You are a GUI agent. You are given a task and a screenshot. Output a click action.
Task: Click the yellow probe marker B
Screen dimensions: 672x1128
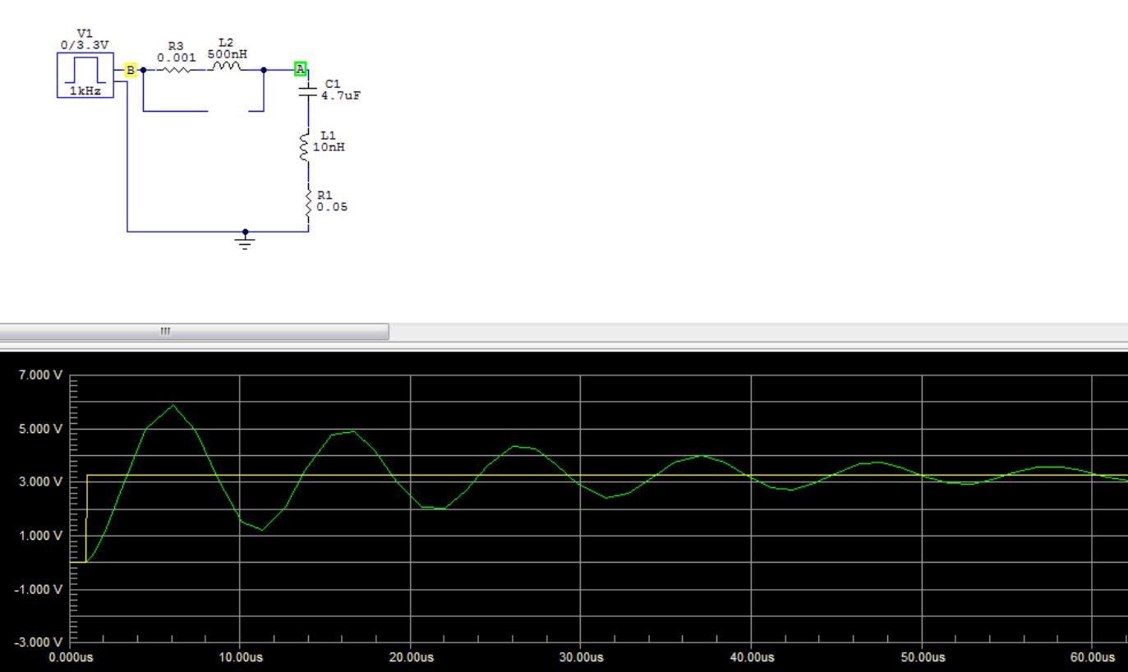[129, 71]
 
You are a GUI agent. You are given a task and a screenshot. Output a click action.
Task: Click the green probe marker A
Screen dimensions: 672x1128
[301, 69]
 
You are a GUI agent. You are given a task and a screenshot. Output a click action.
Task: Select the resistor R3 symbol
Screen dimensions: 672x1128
[177, 70]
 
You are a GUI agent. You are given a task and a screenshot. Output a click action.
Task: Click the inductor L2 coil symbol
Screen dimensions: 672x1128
[227, 68]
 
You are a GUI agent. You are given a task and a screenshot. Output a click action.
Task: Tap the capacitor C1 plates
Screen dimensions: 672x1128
[308, 90]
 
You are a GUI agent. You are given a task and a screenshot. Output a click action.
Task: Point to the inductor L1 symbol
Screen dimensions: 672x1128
[306, 148]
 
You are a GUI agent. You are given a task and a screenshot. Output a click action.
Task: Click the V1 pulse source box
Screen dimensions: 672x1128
[85, 75]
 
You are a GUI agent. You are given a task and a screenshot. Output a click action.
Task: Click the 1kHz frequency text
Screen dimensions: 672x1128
[85, 91]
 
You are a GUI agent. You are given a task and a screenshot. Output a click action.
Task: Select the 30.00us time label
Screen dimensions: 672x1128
[580, 658]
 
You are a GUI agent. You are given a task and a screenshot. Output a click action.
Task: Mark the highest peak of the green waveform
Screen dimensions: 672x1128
[173, 405]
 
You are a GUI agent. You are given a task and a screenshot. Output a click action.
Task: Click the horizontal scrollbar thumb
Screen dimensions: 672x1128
[194, 331]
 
